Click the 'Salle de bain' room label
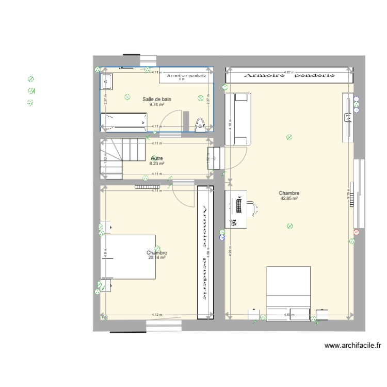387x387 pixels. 157,99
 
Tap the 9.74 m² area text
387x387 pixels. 157,104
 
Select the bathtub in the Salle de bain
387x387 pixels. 125,122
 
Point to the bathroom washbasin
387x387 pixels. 107,80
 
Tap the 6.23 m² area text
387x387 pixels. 157,164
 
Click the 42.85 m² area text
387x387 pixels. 289,198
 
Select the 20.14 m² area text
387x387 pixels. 156,257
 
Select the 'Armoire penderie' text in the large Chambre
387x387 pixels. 289,75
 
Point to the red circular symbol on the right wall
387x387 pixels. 356,232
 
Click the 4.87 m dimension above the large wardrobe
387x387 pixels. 288,72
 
